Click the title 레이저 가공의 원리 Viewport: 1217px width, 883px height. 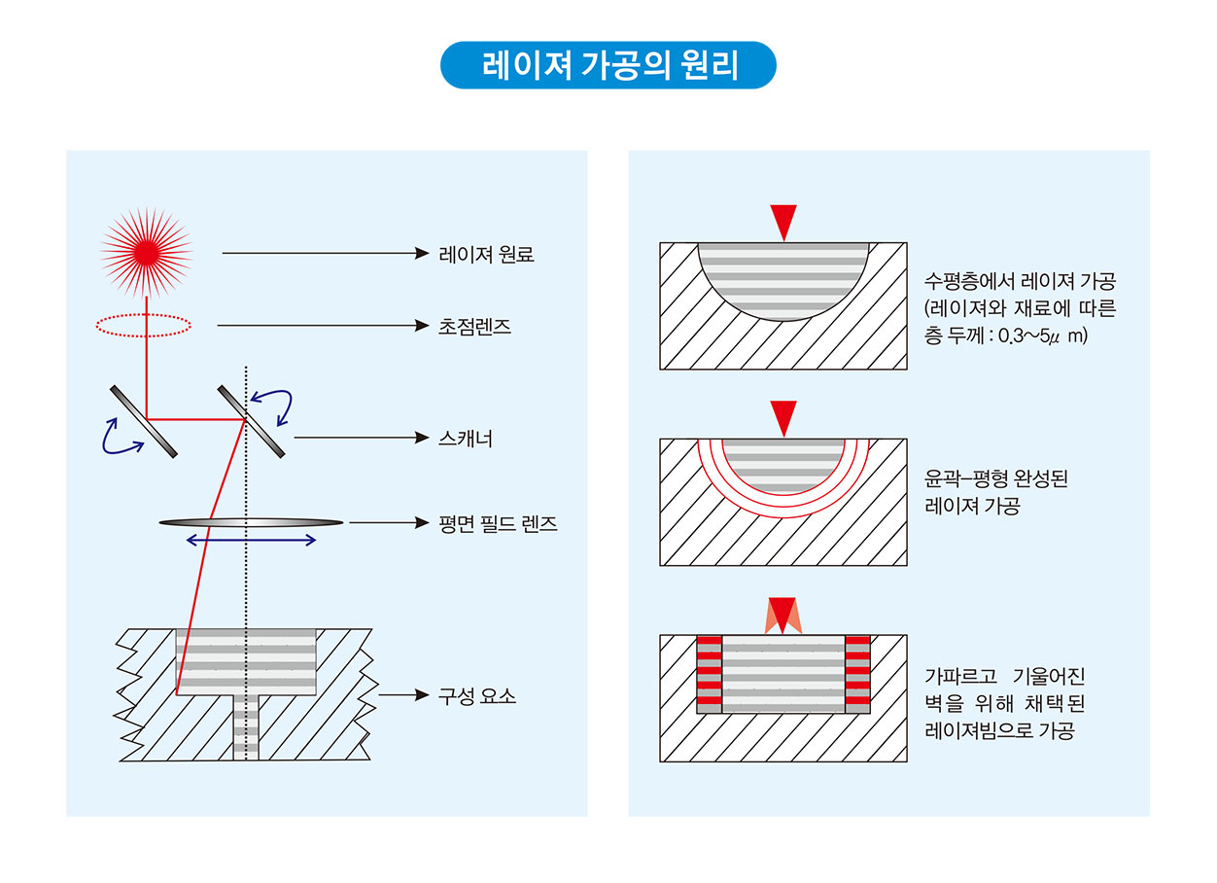pos(608,65)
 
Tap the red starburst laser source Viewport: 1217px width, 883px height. pos(147,252)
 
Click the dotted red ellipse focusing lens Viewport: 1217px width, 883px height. pos(144,325)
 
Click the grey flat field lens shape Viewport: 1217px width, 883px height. pos(251,522)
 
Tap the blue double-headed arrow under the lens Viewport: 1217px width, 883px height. pos(251,540)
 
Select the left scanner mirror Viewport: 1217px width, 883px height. pos(144,421)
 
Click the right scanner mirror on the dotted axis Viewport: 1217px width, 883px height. pos(252,421)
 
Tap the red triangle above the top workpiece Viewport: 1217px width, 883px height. pos(782,220)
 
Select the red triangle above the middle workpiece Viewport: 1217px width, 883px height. pos(782,415)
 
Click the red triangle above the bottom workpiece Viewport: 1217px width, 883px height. pos(782,612)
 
